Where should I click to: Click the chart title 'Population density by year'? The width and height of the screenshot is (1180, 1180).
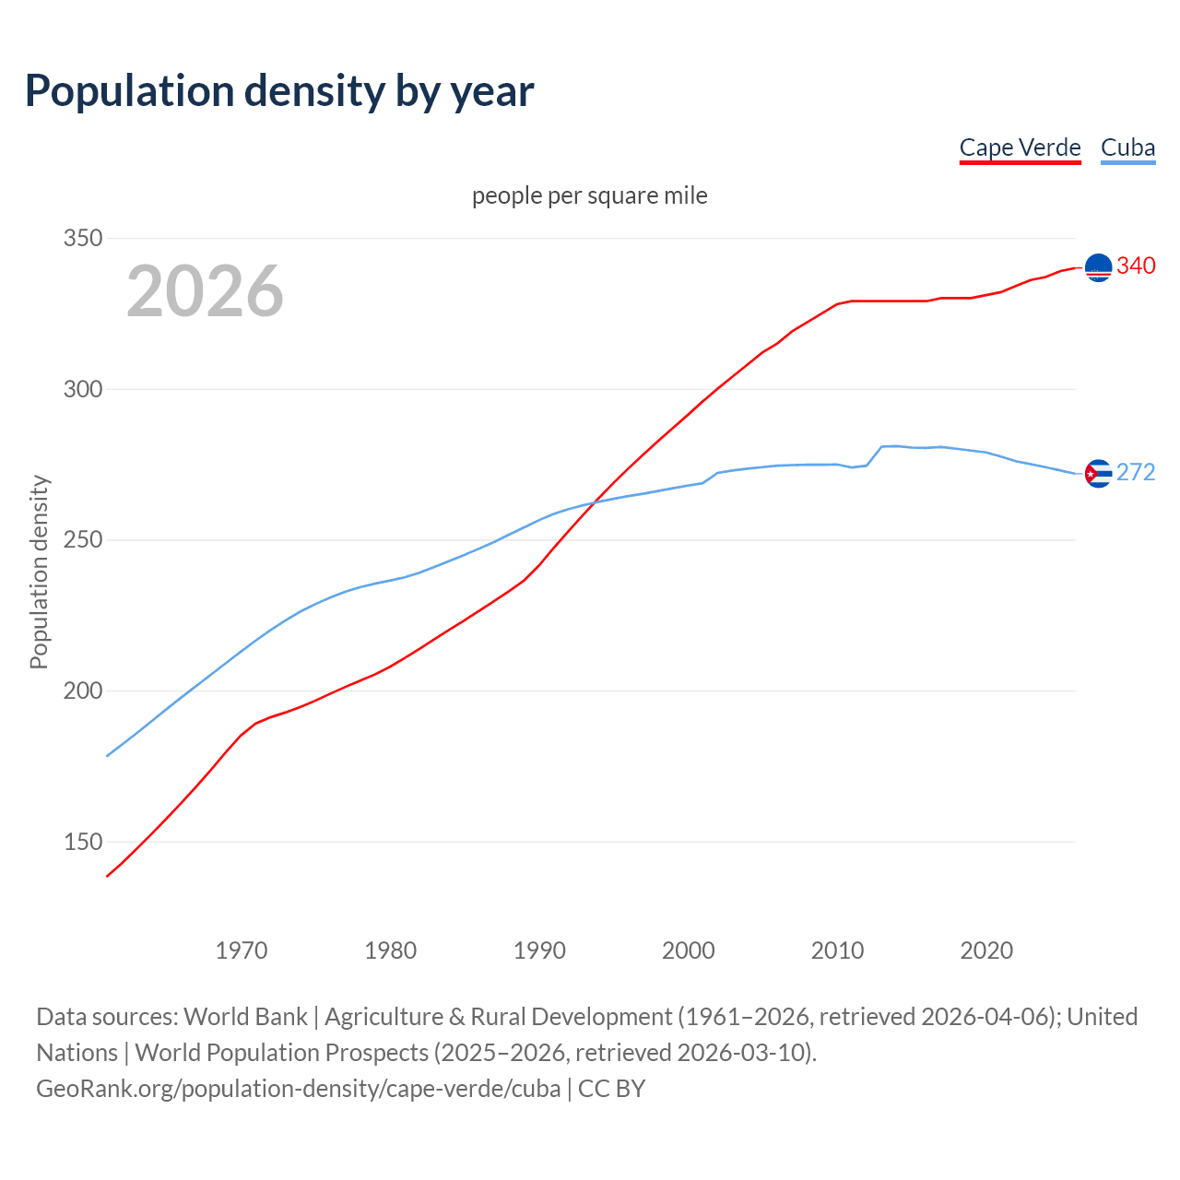pos(279,90)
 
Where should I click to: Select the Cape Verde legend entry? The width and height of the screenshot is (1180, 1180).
pos(1020,147)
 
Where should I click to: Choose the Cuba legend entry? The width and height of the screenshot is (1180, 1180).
pos(1127,147)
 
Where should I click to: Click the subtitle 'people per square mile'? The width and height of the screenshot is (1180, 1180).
pos(589,195)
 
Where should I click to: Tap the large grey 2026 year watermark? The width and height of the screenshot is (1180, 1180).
pos(205,291)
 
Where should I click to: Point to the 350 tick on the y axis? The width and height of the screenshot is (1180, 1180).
pos(82,238)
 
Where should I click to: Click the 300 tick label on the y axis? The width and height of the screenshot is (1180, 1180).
pos(82,389)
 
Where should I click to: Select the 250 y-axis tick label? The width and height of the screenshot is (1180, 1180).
pos(82,540)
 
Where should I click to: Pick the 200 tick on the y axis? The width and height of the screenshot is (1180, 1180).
pos(82,690)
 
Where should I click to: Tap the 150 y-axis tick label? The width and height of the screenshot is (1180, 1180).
pos(82,842)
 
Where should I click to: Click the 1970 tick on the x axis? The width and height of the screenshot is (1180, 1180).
pos(242,950)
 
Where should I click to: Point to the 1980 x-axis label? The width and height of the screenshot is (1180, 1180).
pos(391,950)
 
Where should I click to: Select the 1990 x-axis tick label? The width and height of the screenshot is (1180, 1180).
pos(539,950)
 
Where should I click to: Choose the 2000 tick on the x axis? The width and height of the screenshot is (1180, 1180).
pos(689,950)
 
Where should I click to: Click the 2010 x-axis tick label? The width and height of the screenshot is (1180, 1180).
pos(837,950)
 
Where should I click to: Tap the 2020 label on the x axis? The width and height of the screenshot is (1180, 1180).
pos(986,950)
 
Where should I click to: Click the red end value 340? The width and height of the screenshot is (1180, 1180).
pos(1136,265)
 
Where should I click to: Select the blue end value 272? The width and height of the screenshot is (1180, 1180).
pos(1136,472)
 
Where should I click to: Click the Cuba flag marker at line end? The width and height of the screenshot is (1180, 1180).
pos(1098,474)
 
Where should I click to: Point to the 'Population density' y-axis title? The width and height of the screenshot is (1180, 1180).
pos(39,572)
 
